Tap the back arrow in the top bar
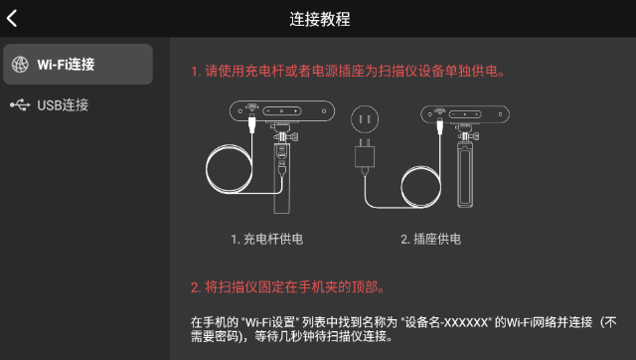pyautogui.click(x=13, y=18)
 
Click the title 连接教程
pyautogui.click(x=318, y=19)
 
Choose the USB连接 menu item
pyautogui.click(x=63, y=104)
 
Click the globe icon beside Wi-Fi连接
pyautogui.click(x=20, y=65)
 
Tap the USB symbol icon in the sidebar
pyautogui.click(x=20, y=104)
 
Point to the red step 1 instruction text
pyautogui.click(x=348, y=72)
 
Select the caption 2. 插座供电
pyautogui.click(x=430, y=239)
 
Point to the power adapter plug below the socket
pyautogui.click(x=364, y=157)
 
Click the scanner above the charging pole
pyautogui.click(x=283, y=112)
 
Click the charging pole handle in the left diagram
pyautogui.click(x=283, y=179)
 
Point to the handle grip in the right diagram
pyautogui.click(x=465, y=177)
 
